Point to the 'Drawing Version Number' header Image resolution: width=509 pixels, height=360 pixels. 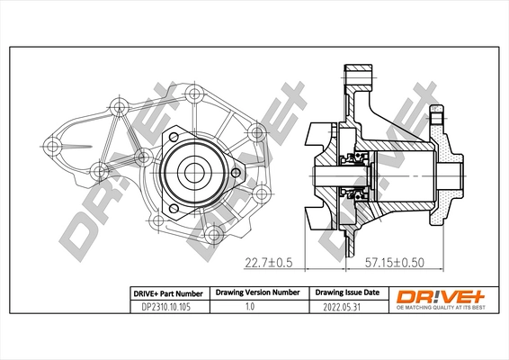point(256,293)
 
